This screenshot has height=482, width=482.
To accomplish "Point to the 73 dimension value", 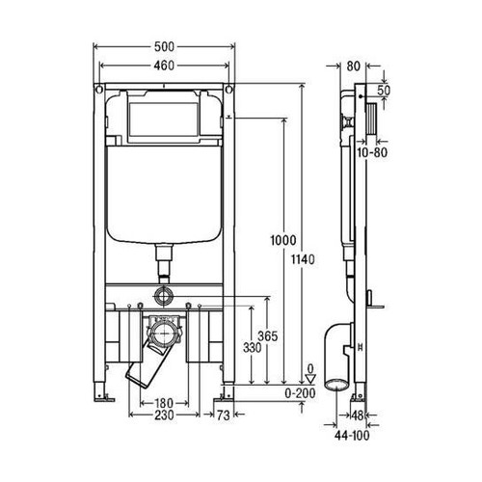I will pyautogui.click(x=225, y=416).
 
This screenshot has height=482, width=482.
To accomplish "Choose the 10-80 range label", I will pyautogui.click(x=372, y=151).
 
